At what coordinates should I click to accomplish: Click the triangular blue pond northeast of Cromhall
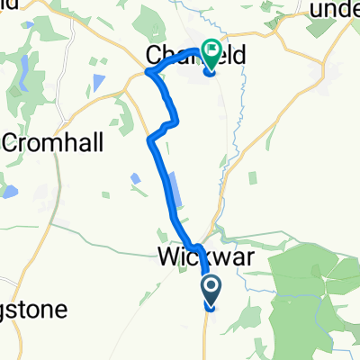pyautogui.click(x=97, y=83)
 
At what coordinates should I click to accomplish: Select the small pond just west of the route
pyautogui.click(x=135, y=178)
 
